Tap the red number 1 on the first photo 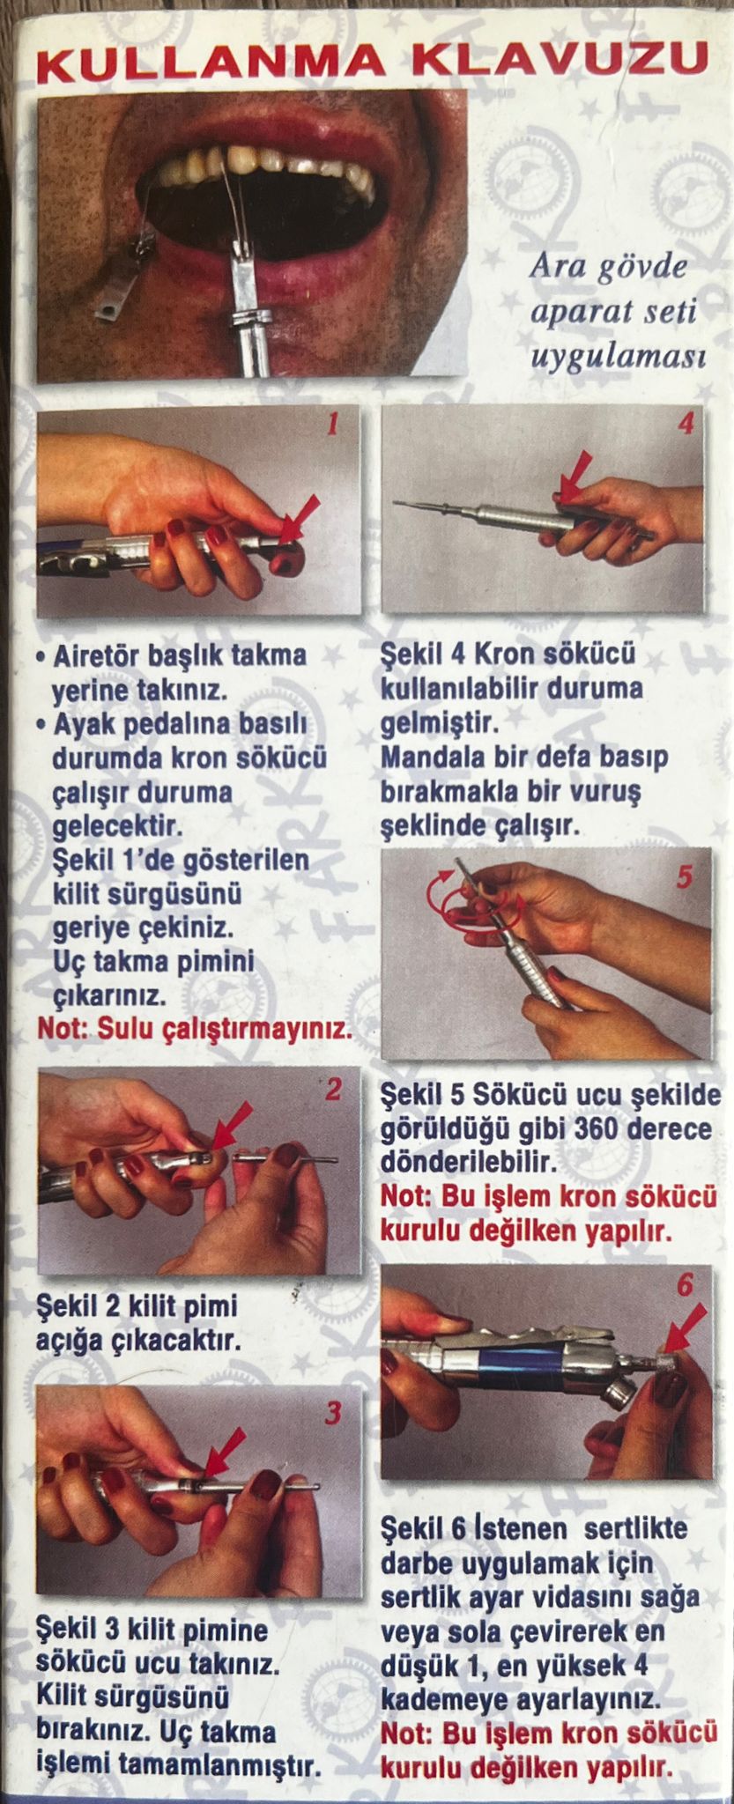point(332,425)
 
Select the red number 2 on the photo point(333,1091)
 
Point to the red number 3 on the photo point(332,1414)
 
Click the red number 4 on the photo point(686,423)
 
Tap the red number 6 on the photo point(686,1286)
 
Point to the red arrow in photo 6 point(685,1327)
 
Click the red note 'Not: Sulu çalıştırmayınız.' point(195,1030)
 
